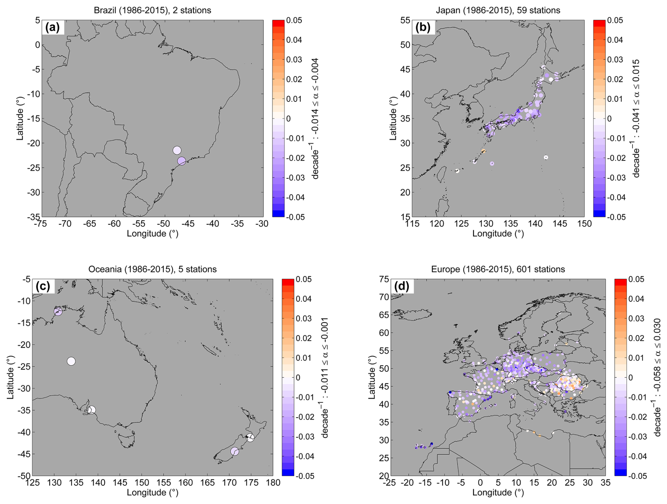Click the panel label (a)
tap(53, 27)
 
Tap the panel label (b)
tap(423, 27)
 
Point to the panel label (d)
tap(402, 286)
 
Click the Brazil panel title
tap(152, 10)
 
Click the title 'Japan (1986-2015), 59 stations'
tap(498, 10)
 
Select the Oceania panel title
tap(152, 269)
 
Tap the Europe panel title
tap(498, 269)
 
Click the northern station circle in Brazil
tap(177, 150)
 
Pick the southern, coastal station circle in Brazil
tap(182, 161)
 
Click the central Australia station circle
tap(71, 361)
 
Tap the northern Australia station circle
tap(58, 311)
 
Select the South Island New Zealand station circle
tap(235, 451)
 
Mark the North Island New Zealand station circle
tap(250, 438)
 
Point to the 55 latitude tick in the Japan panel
tap(405, 20)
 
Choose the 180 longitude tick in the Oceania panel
tap(274, 483)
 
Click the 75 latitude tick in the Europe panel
tap(384, 279)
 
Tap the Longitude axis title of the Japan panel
tap(498, 234)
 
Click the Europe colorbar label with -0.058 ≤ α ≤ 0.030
tap(657, 377)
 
